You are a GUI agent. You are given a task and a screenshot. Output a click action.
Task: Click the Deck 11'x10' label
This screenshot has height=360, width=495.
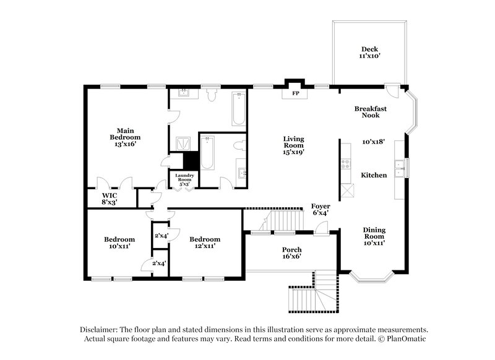point(369,53)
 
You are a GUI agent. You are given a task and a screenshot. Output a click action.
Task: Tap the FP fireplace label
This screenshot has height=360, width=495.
point(296,94)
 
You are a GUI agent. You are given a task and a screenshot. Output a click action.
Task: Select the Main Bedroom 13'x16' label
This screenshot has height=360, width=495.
point(126,137)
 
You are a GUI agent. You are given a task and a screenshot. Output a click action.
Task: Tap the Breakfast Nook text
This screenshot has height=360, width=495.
point(371,112)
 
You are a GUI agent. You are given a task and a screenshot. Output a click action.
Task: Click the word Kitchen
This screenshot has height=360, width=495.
point(374,175)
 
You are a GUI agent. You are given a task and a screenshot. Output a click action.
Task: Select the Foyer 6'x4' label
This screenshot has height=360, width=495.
point(321,209)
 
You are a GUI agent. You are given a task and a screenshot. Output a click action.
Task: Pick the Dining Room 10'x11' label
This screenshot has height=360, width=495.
point(374,236)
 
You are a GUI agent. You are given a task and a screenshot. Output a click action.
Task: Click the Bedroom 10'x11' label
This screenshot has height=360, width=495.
point(119,243)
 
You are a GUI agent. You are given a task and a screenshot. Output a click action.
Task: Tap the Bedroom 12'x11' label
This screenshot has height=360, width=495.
point(205,243)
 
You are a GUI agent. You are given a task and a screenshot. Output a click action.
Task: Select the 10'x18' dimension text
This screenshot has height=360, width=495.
point(374,142)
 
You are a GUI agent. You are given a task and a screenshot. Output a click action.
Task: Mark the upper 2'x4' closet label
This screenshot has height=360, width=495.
point(161,235)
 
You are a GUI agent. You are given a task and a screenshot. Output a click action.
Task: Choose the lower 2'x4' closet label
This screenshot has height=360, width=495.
point(160,264)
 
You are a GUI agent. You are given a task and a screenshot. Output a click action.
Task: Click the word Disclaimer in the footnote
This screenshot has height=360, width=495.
point(101,330)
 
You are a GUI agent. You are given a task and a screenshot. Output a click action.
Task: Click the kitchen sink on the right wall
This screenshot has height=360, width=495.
point(403,167)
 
